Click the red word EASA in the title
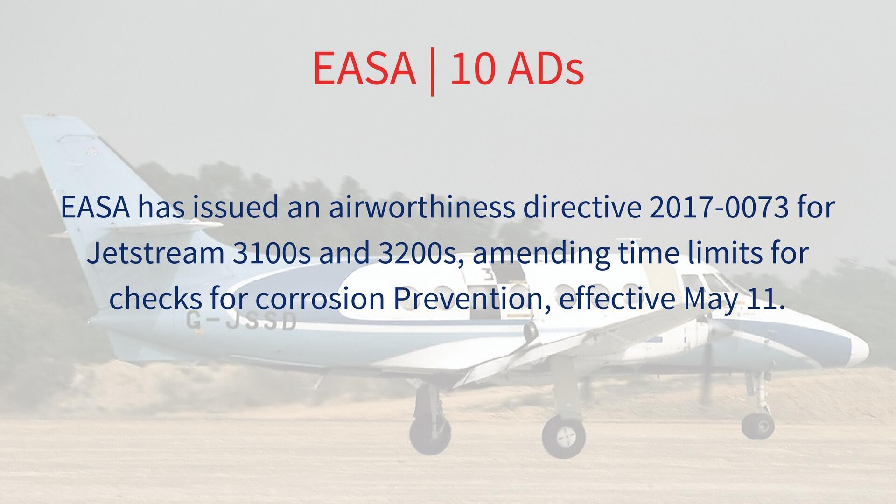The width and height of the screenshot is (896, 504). coord(364,68)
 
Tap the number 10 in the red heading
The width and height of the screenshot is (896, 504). coord(472,68)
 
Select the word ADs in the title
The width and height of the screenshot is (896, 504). coord(546,68)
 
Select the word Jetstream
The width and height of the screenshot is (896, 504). coord(156,252)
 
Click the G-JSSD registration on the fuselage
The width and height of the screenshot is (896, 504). coord(241,321)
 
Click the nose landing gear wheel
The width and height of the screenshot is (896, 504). coord(758,425)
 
